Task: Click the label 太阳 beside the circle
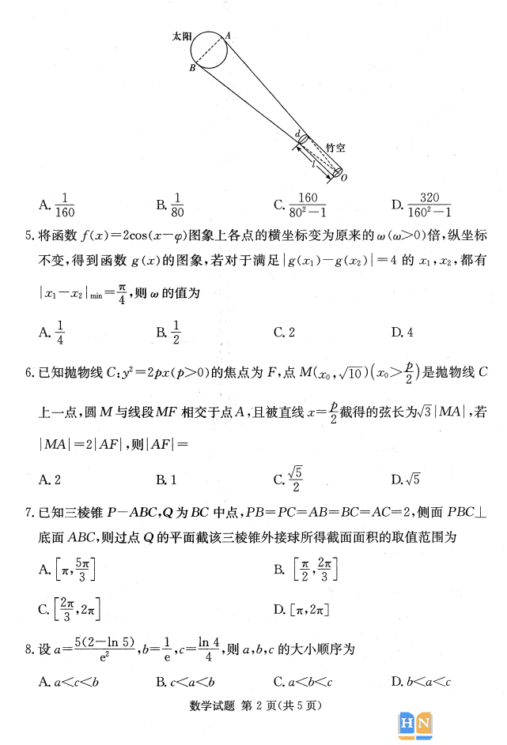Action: (x=182, y=36)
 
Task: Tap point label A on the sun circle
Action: (x=229, y=35)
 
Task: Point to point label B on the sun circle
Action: (x=192, y=69)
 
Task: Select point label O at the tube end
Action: (x=344, y=178)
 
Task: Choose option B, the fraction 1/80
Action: (x=170, y=205)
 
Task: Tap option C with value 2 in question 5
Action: (x=284, y=333)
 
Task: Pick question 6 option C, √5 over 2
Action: (x=289, y=479)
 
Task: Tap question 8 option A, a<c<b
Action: (x=62, y=682)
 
